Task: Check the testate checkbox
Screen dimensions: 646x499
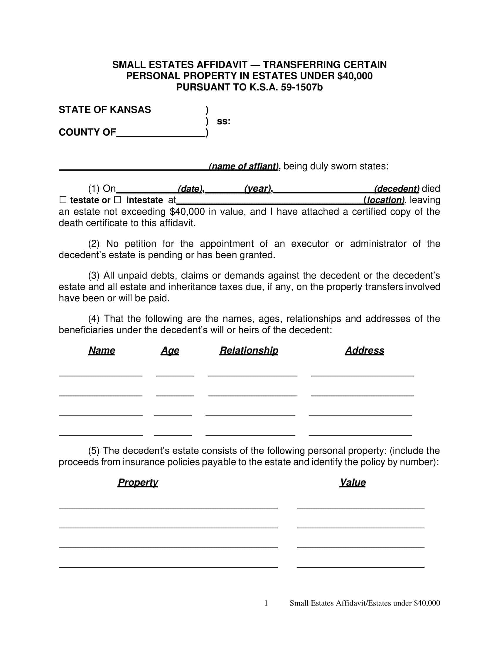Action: [x=63, y=200]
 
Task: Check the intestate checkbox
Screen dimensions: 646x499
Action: [x=117, y=200]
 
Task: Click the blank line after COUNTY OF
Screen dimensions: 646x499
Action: [x=161, y=133]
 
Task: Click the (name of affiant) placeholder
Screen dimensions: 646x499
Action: [x=244, y=166]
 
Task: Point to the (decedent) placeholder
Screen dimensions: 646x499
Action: [x=397, y=189]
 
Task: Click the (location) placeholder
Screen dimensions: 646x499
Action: [x=384, y=200]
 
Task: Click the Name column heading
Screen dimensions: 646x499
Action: [x=101, y=351]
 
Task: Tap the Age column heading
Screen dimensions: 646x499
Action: [x=170, y=351]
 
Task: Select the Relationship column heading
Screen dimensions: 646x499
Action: [x=249, y=351]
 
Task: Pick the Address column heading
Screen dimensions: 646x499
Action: [x=365, y=351]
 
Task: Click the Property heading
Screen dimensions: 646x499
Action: [x=138, y=482]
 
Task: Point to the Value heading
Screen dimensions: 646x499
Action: [x=352, y=482]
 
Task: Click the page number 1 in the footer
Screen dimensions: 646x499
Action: [x=266, y=603]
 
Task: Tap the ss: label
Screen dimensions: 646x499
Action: [x=223, y=121]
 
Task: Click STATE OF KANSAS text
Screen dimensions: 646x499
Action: [x=105, y=110]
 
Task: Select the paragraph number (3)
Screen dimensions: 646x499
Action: [x=94, y=276]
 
